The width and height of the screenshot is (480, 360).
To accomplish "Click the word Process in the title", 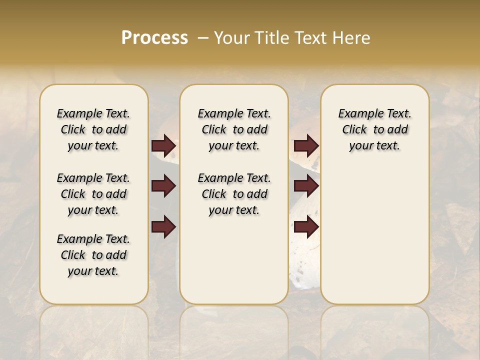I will [154, 38].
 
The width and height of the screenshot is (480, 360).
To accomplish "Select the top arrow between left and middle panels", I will [163, 145].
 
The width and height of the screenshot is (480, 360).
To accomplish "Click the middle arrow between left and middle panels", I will [163, 186].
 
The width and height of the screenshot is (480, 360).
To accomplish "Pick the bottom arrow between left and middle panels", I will [163, 227].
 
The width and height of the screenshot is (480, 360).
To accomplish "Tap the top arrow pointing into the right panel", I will [306, 145].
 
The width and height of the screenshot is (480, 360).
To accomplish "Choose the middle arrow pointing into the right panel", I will [306, 186].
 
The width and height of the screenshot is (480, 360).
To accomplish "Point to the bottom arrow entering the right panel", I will [306, 227].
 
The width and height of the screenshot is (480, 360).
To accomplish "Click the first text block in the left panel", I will [93, 129].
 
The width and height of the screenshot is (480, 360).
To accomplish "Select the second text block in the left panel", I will [93, 194].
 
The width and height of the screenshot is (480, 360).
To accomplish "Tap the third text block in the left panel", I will [93, 255].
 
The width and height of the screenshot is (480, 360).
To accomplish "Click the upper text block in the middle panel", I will [234, 129].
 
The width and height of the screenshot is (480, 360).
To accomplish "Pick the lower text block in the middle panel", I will [234, 194].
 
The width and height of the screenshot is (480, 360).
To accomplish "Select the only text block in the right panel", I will [374, 129].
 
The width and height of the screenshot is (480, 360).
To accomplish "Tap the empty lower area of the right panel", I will [374, 235].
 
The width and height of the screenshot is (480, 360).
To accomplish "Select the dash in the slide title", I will [203, 38].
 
